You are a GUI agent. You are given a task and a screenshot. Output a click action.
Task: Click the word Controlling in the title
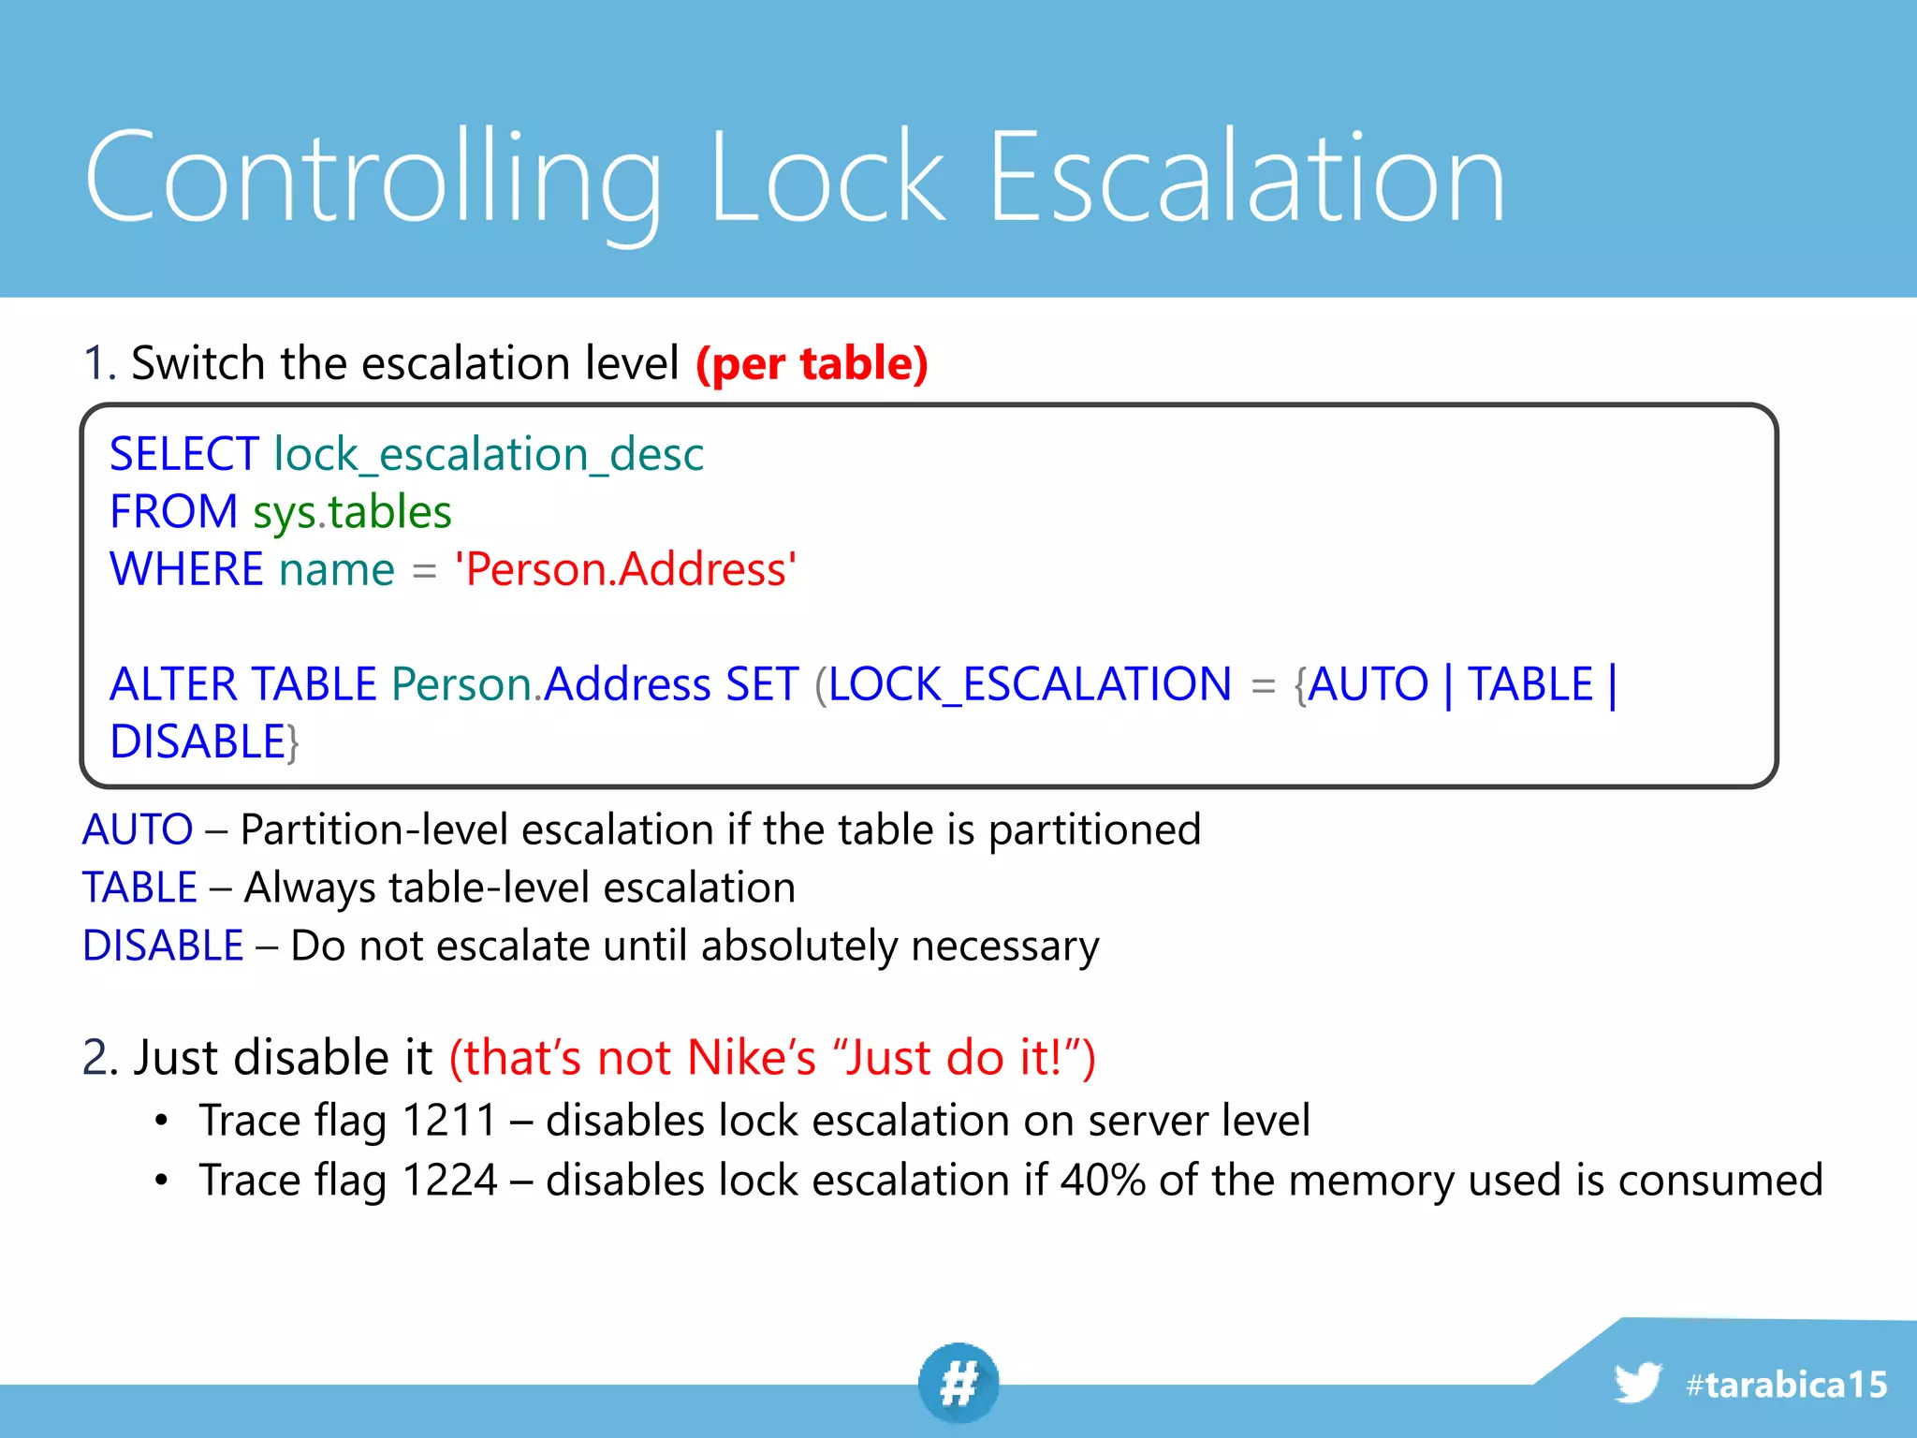pyautogui.click(x=373, y=178)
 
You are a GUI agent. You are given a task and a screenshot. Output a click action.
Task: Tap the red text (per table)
pyautogui.click(x=812, y=363)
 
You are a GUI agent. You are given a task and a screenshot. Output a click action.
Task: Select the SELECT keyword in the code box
pyautogui.click(x=184, y=454)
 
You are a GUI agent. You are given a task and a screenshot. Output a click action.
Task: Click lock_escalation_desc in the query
pyautogui.click(x=489, y=454)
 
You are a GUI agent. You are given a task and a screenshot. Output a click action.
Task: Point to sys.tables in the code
pyautogui.click(x=352, y=512)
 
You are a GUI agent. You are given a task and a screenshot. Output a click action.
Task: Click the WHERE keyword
pyautogui.click(x=186, y=569)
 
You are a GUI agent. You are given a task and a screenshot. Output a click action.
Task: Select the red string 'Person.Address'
pyautogui.click(x=625, y=569)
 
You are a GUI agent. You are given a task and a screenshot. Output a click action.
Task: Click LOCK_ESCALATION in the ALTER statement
pyautogui.click(x=1030, y=684)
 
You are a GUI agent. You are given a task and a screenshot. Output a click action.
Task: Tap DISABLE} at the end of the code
pyautogui.click(x=204, y=742)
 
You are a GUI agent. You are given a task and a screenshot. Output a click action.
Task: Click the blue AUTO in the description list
pyautogui.click(x=138, y=829)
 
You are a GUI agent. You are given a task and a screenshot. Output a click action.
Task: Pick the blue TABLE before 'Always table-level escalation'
pyautogui.click(x=139, y=888)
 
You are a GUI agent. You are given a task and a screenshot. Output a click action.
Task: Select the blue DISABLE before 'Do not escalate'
pyautogui.click(x=163, y=946)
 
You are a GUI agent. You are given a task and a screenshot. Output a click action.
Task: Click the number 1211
pyautogui.click(x=448, y=1121)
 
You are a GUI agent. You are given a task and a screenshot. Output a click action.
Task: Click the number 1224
pyautogui.click(x=448, y=1180)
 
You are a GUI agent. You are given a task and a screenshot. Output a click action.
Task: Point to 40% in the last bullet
pyautogui.click(x=1103, y=1180)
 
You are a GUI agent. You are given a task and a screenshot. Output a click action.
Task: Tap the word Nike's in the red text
pyautogui.click(x=752, y=1058)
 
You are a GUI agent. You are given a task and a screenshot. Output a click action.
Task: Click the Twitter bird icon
pyautogui.click(x=1636, y=1383)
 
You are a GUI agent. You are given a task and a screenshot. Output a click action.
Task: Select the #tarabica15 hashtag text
pyautogui.click(x=1786, y=1385)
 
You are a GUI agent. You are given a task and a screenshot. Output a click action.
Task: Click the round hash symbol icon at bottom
pyautogui.click(x=958, y=1383)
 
